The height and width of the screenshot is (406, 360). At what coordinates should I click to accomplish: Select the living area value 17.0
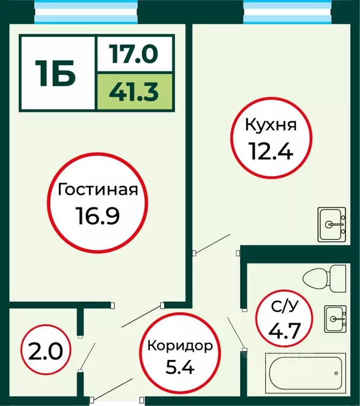(x=134, y=54)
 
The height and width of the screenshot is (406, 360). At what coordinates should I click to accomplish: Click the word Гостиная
(x=98, y=190)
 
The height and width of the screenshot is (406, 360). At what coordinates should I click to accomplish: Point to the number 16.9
(x=98, y=215)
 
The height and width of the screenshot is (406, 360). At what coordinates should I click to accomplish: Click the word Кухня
(x=270, y=125)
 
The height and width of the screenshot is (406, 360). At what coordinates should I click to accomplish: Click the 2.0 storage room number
(x=42, y=350)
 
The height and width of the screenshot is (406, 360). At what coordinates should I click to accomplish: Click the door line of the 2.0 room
(x=88, y=356)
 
